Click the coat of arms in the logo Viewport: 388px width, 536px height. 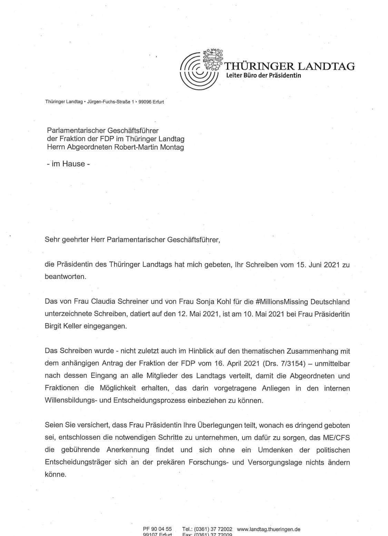[212, 59]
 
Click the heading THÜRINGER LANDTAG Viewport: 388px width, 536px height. [290, 66]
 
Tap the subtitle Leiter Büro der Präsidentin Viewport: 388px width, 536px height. [263, 75]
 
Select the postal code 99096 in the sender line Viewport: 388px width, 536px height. [145, 102]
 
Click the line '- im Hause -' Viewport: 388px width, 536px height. [68, 164]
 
